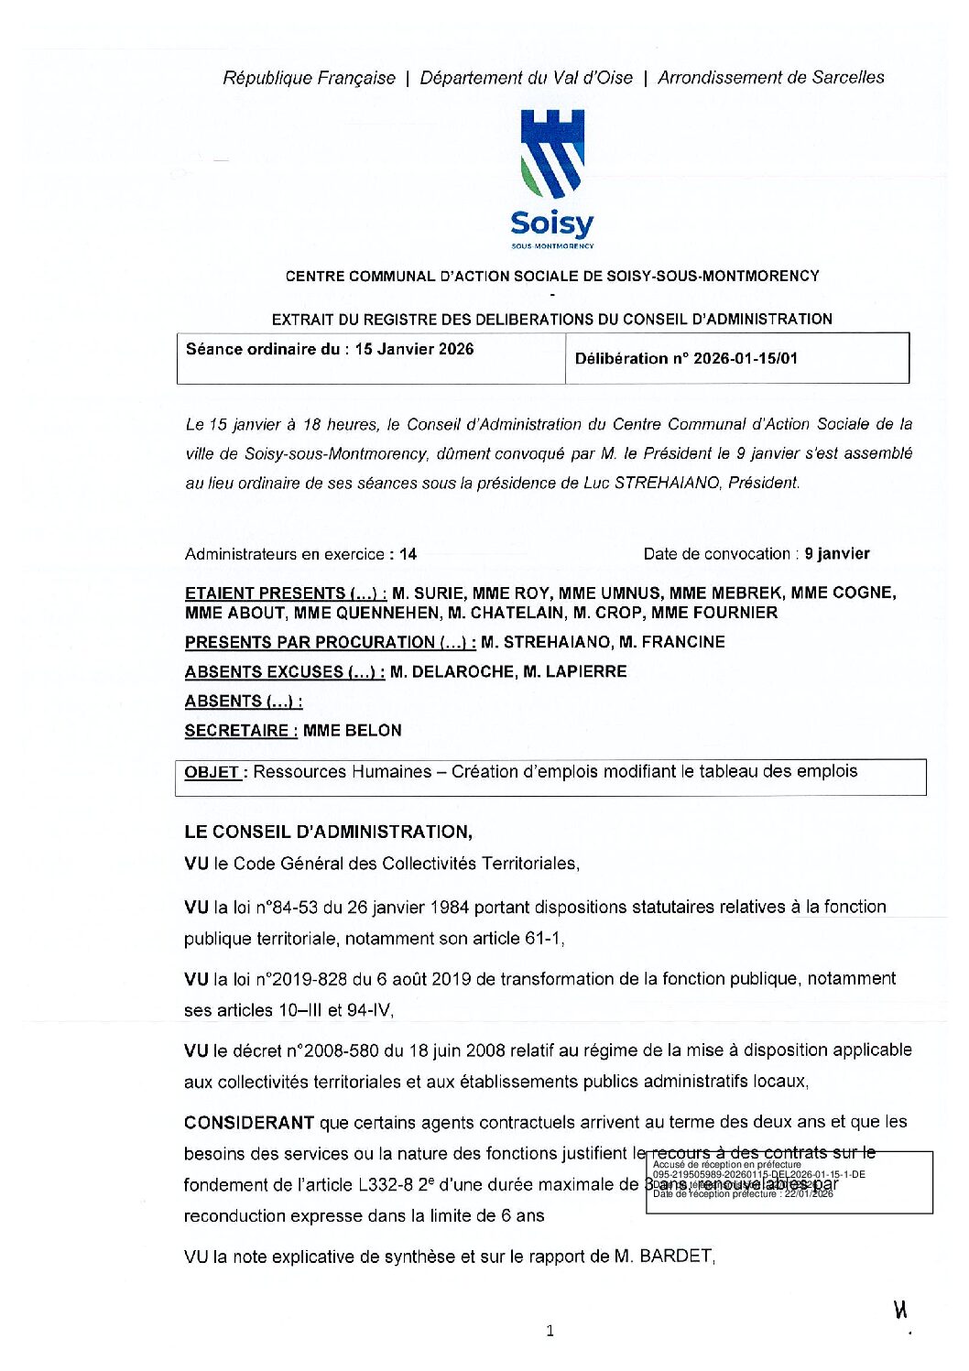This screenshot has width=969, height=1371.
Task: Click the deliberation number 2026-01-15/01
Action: [x=745, y=358]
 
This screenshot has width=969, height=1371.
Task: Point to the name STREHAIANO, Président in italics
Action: [x=706, y=483]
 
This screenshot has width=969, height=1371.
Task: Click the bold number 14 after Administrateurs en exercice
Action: [x=408, y=554]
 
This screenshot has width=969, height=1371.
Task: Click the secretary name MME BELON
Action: [x=352, y=730]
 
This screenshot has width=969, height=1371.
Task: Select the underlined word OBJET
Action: [x=212, y=772]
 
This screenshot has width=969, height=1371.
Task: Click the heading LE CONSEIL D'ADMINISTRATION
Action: [x=328, y=832]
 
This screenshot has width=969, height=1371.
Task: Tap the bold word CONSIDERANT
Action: [x=249, y=1122]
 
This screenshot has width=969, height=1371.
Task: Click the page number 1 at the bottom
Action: [x=550, y=1331]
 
